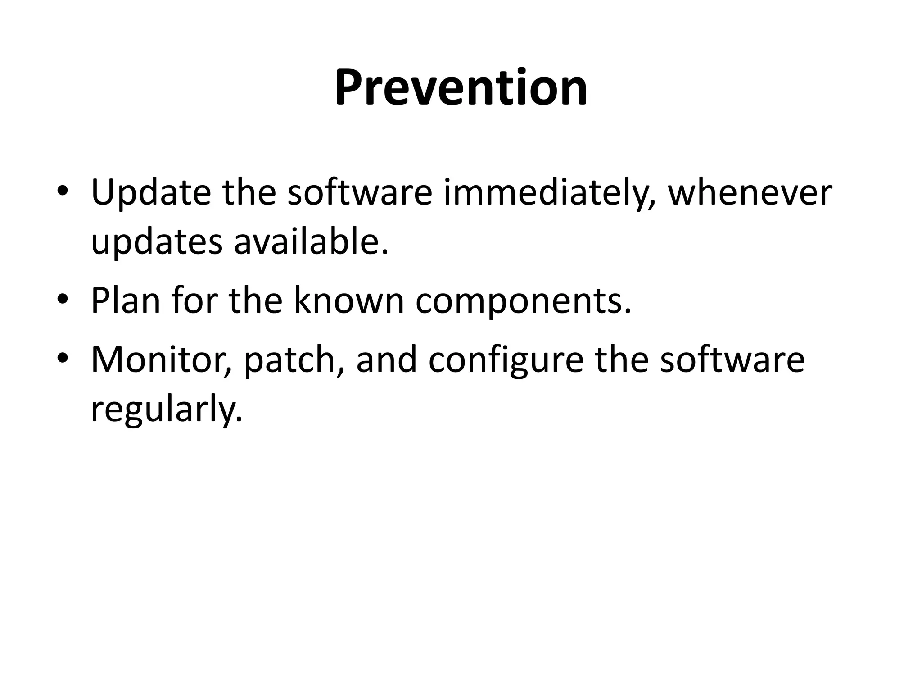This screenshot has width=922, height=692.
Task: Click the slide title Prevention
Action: click(461, 87)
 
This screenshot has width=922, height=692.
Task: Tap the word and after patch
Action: click(386, 360)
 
